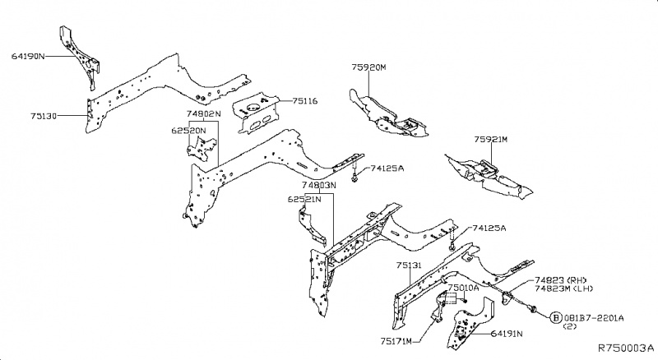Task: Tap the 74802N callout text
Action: (x=202, y=114)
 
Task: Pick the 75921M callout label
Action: (x=490, y=141)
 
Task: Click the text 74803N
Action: (x=319, y=186)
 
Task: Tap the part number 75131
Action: (x=409, y=266)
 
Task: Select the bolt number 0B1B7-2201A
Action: (x=594, y=317)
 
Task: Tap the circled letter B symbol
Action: (x=556, y=317)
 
